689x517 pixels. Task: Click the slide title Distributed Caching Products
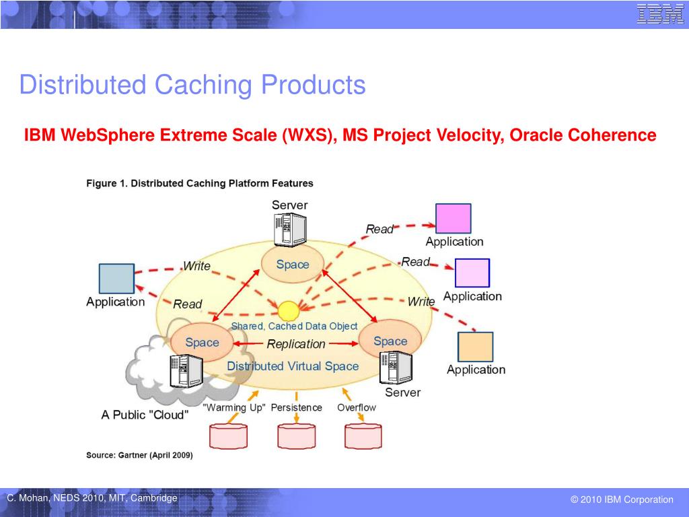192,85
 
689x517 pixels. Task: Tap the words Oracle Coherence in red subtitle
583,135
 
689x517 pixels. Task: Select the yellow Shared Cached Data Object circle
289,311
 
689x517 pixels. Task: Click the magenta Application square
453,218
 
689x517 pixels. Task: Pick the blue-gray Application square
116,279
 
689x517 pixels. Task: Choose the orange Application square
475,347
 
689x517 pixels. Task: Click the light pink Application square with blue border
472,273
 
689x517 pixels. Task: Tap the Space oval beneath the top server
293,265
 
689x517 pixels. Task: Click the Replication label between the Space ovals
296,344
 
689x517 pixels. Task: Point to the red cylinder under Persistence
296,436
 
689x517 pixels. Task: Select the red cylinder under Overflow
363,436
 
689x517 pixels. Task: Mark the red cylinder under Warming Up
228,436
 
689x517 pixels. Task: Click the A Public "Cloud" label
145,415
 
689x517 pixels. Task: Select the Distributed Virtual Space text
293,366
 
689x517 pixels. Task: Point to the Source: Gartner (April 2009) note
139,455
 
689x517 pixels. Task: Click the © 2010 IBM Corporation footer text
622,499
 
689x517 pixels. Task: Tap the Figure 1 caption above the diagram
199,182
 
